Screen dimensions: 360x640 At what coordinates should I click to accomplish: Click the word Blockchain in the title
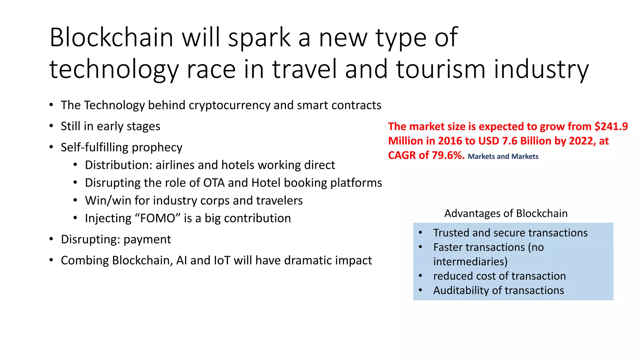[111, 37]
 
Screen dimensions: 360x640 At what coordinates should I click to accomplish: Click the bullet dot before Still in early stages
[51, 126]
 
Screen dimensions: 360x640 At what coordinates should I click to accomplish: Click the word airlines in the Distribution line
[175, 165]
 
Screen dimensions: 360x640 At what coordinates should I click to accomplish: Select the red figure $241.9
[611, 127]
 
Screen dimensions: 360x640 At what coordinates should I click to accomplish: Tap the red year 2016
[450, 141]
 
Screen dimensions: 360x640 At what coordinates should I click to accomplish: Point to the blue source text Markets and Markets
[503, 157]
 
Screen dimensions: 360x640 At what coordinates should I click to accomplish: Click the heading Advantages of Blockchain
[506, 213]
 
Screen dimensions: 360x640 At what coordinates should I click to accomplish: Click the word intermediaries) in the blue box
[470, 262]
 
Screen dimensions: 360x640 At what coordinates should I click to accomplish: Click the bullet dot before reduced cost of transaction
[421, 276]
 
